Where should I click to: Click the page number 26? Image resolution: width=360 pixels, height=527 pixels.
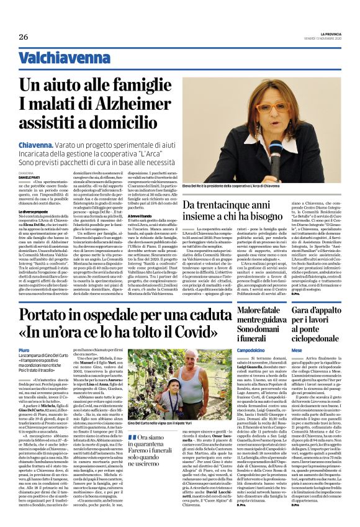point(24,37)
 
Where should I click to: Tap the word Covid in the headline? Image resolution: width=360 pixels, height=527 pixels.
point(186,333)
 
